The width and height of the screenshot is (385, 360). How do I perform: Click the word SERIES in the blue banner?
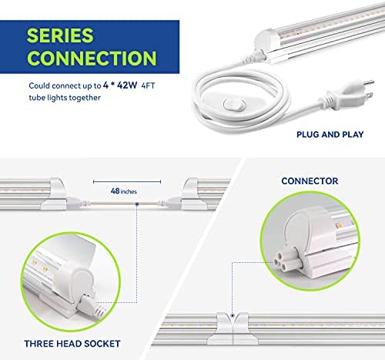60,35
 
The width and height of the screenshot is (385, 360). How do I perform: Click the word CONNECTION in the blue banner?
92,58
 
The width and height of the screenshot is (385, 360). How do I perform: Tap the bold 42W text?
127,85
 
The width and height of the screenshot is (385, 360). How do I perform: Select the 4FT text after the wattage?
149,86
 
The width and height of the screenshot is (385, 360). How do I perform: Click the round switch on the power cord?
234,105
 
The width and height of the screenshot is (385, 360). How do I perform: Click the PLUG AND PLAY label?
330,134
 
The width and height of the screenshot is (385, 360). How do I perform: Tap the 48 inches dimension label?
124,191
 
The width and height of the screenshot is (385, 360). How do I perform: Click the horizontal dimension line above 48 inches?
127,182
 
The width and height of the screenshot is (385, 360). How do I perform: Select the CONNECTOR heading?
310,181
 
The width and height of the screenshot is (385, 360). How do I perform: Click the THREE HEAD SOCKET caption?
72,344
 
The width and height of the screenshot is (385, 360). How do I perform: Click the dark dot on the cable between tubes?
137,204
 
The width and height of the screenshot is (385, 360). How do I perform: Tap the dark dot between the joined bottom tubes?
233,315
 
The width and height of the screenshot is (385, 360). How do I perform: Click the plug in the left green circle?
91,306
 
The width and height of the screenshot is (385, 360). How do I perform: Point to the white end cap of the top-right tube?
264,41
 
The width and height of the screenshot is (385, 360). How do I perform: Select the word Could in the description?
39,86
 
